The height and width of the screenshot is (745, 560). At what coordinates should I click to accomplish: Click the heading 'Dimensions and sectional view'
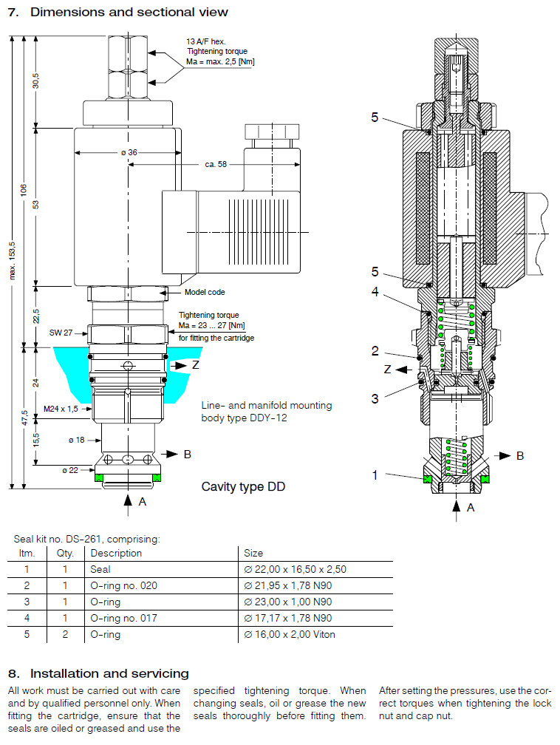click(x=129, y=12)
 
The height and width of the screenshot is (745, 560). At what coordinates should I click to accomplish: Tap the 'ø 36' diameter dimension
click(x=129, y=152)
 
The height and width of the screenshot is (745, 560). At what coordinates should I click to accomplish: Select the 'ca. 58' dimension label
click(x=216, y=164)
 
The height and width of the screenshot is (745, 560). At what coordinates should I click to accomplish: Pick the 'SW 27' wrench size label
click(x=61, y=333)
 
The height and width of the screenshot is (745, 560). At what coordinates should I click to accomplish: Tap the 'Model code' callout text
click(x=205, y=293)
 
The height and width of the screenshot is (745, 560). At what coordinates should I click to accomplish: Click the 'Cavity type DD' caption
click(x=243, y=486)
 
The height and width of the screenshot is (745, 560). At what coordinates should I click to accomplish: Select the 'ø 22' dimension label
click(x=70, y=469)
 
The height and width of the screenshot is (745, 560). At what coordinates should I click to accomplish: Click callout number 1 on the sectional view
click(x=375, y=475)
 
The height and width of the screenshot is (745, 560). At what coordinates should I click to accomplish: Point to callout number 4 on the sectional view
click(x=375, y=291)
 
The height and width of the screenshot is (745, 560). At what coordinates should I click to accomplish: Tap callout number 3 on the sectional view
click(x=375, y=398)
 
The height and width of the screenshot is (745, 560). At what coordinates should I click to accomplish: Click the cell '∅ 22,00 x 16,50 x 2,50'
click(x=295, y=569)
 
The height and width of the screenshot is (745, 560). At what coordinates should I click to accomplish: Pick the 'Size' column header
click(x=254, y=553)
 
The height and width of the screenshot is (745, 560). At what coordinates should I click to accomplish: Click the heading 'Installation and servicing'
click(x=109, y=673)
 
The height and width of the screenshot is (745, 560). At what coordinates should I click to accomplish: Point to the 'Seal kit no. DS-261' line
click(x=87, y=540)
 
